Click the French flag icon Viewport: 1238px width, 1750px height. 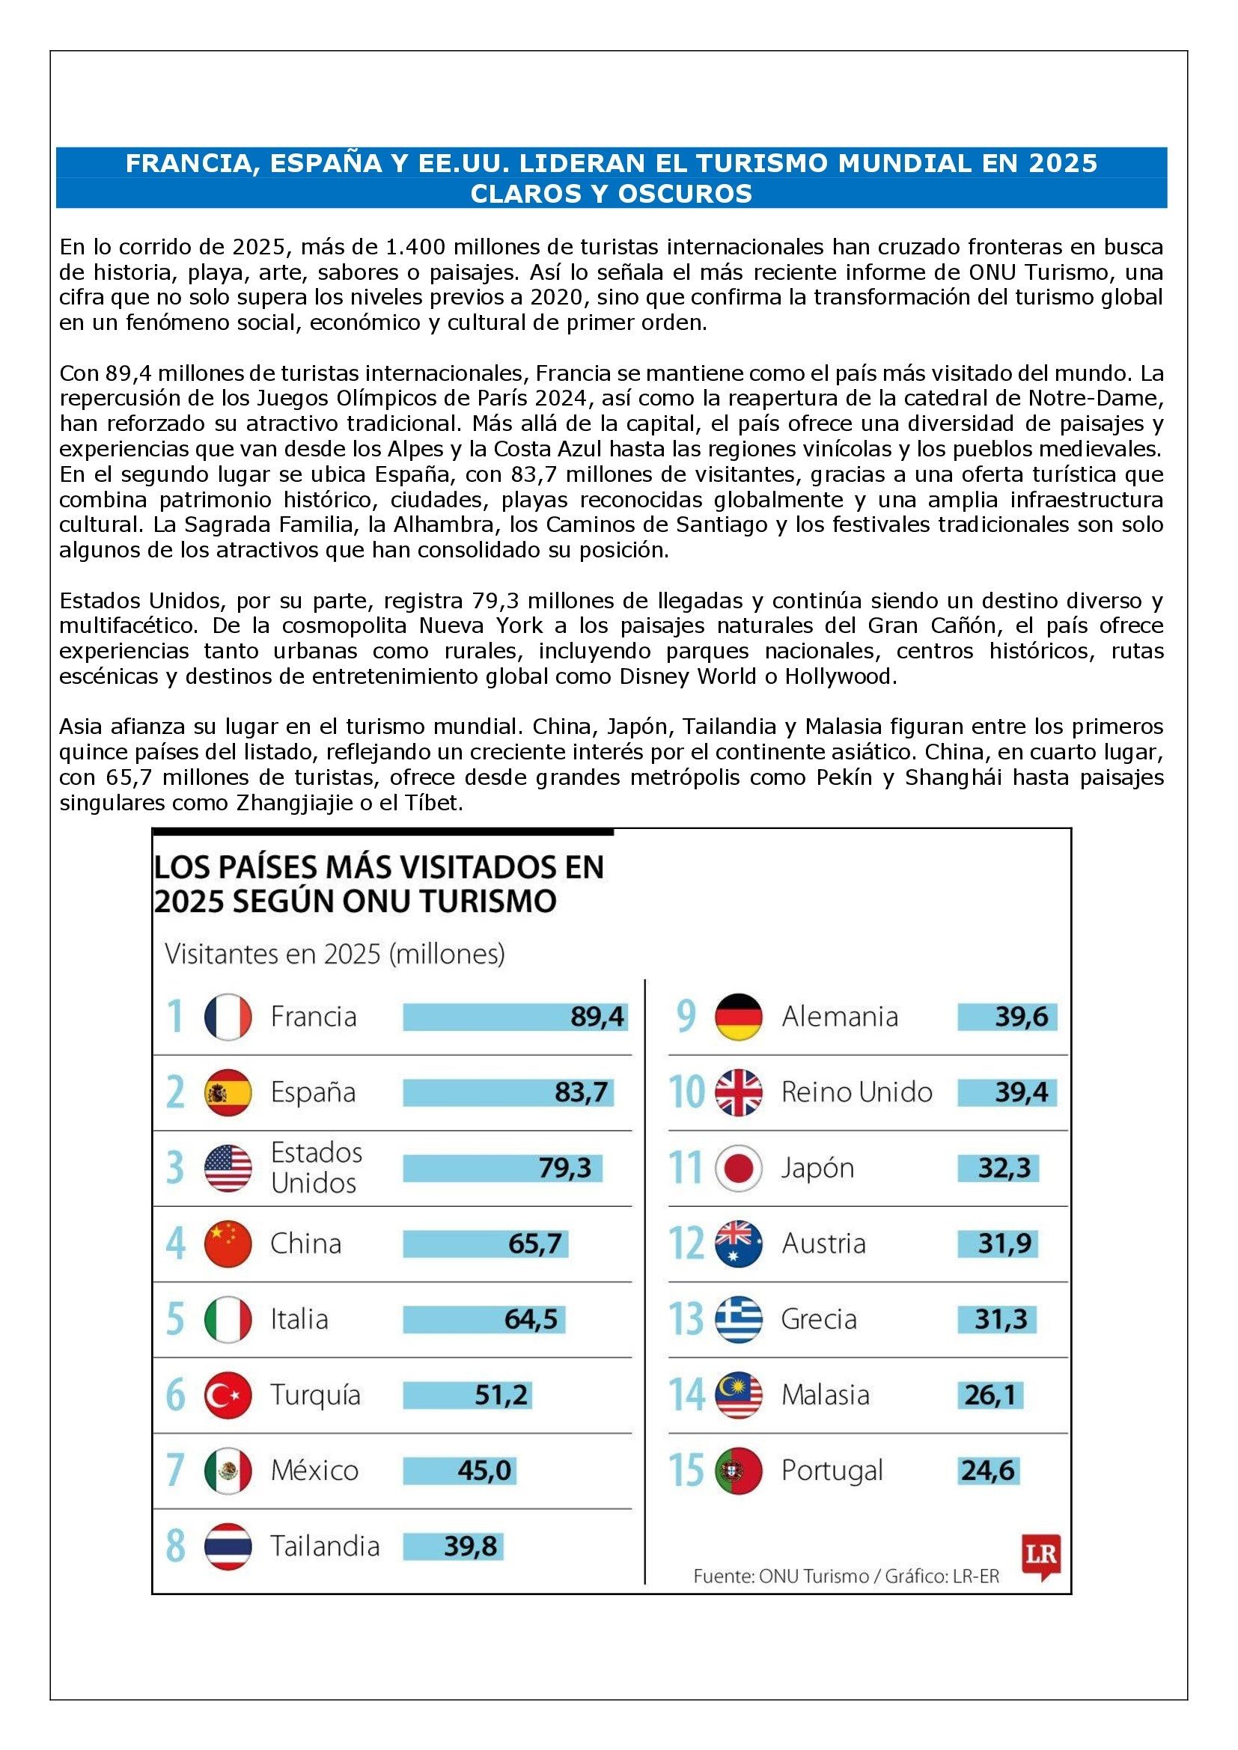click(228, 1017)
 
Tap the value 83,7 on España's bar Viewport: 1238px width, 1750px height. click(581, 1092)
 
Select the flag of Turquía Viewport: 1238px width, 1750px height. click(228, 1395)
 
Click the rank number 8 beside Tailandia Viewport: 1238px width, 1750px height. click(175, 1546)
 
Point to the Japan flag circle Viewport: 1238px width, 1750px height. click(739, 1168)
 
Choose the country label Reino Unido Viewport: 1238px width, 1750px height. click(856, 1092)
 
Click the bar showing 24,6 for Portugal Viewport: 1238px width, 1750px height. click(988, 1470)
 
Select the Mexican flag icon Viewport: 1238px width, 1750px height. click(228, 1470)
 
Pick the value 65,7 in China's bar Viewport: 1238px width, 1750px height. click(535, 1244)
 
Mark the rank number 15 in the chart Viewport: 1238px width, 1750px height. click(686, 1470)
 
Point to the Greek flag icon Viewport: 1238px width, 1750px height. click(739, 1319)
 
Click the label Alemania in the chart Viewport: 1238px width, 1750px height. click(839, 1017)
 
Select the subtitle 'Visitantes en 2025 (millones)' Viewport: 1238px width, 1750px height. click(335, 954)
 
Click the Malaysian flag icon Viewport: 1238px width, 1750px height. click(739, 1395)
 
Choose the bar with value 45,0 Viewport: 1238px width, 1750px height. click(460, 1470)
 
